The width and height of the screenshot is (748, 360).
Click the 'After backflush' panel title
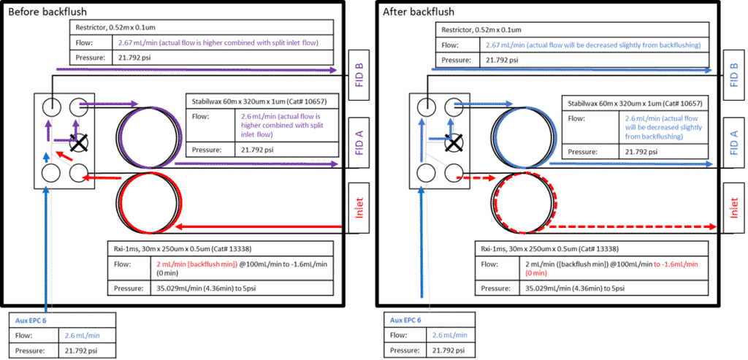click(x=419, y=12)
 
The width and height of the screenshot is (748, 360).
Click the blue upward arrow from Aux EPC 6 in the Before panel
click(x=47, y=241)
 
